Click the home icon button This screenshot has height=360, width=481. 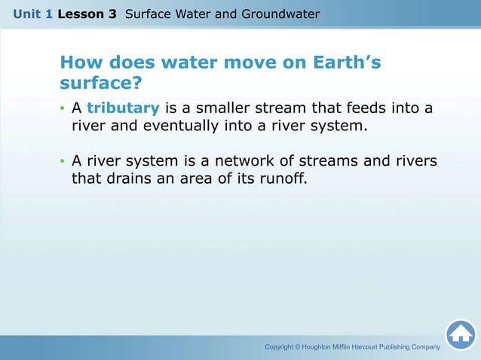coord(460,334)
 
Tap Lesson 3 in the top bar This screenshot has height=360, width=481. coord(87,14)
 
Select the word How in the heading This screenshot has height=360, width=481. coord(78,63)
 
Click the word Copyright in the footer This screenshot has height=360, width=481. coord(282,347)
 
